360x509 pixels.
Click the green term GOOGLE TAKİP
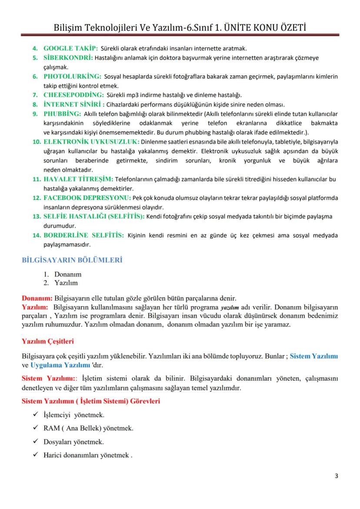[x=70, y=48]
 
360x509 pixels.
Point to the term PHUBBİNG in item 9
[x=62, y=114]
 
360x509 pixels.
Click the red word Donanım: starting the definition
[x=37, y=299]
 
